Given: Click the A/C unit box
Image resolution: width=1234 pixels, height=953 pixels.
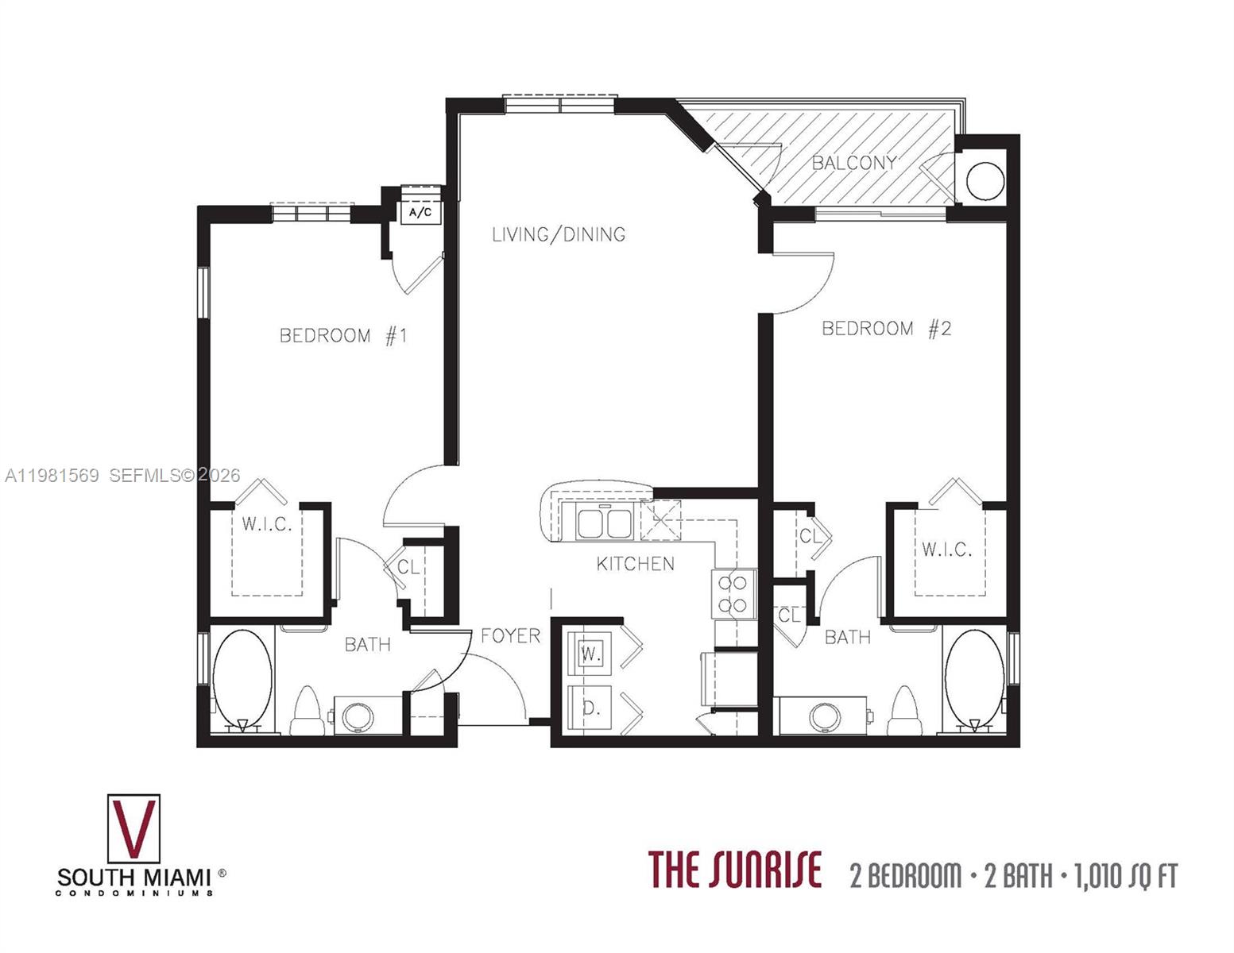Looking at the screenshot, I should point(420,213).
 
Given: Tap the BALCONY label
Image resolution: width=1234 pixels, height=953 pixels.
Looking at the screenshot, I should point(853,163).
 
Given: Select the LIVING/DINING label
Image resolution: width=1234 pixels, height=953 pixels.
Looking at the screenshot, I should point(559,234).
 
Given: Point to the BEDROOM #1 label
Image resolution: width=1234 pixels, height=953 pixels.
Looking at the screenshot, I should point(343,335).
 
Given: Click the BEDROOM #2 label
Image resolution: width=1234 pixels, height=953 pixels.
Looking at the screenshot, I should point(886,328).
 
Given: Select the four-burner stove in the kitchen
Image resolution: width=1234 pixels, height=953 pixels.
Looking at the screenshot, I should point(733,593).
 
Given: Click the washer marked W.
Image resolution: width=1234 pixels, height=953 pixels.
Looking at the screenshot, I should point(590,654).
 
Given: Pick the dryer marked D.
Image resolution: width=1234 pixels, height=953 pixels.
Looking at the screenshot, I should point(590,708).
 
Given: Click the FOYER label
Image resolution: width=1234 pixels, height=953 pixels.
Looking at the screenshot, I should point(510,635).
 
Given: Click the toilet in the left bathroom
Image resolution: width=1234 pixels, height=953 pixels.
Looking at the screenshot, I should point(306,712).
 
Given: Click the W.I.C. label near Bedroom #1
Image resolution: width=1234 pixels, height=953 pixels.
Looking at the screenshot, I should point(267,524).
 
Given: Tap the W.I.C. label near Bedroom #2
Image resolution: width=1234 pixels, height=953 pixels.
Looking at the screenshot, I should point(946,549).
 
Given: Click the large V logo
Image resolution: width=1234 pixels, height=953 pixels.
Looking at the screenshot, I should point(133,828).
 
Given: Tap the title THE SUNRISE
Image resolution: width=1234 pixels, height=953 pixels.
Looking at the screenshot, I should point(735,870).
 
